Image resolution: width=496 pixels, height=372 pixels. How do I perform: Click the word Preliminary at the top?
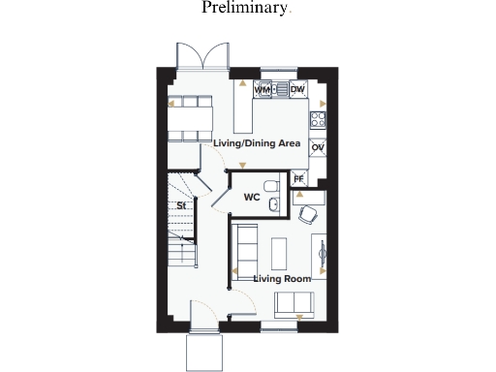click(245, 9)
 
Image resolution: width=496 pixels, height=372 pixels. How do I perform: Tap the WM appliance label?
click(261, 90)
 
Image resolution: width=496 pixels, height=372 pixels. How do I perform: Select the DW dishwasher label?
click(297, 90)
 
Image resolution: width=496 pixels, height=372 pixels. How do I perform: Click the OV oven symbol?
click(317, 147)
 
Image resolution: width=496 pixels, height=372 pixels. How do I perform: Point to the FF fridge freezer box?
click(298, 178)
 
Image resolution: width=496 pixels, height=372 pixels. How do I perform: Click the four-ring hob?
click(317, 120)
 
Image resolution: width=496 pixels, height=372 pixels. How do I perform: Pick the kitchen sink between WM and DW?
click(278, 90)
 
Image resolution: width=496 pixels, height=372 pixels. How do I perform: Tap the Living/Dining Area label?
click(256, 143)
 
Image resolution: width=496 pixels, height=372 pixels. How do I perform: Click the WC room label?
click(252, 198)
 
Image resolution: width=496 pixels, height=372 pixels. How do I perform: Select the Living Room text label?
click(282, 279)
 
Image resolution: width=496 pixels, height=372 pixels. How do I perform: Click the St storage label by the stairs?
click(180, 206)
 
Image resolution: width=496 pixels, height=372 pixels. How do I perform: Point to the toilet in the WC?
click(271, 184)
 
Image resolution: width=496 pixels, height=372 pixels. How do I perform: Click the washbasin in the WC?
click(275, 202)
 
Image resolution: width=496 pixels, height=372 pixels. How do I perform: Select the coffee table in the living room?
click(281, 253)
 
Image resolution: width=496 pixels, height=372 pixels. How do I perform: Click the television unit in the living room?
click(321, 254)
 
